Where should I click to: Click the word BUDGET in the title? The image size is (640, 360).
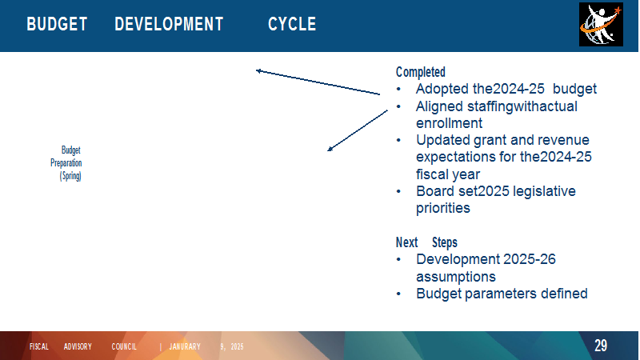coord(57,24)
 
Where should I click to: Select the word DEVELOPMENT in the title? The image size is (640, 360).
coord(169,24)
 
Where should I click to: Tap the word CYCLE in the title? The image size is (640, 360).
coord(292,24)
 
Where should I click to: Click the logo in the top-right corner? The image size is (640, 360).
coord(601,25)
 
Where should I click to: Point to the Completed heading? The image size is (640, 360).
coord(421,72)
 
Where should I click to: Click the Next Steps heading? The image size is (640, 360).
coord(426,242)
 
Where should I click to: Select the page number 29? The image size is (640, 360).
coord(601,346)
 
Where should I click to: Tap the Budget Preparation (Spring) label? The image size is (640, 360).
coord(66,163)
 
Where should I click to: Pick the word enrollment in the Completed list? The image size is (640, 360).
coord(449,123)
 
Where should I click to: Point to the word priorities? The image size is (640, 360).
coord(443,209)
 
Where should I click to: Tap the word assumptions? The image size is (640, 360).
coord(455,277)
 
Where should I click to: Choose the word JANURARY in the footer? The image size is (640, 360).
coord(185,346)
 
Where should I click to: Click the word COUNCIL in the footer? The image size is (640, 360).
coord(124,346)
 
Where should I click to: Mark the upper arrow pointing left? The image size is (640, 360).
coord(318,82)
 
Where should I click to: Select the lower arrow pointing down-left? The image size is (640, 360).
coord(358,130)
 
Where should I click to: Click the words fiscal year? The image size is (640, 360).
coord(448,174)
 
